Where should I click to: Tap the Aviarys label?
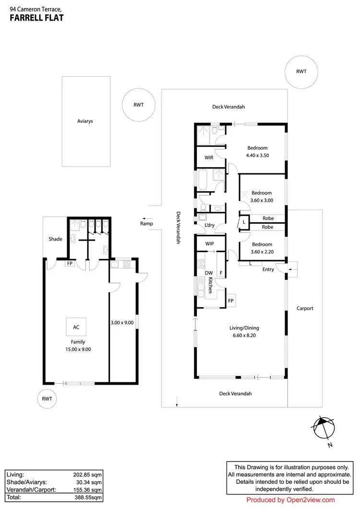pos(85,121)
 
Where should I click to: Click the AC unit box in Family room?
pos(76,327)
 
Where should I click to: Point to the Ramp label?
pos(146,224)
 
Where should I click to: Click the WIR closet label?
pos(208,157)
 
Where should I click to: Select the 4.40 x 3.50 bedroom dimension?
pos(257,156)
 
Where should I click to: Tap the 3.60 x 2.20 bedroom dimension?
pos(262,252)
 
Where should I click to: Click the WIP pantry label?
pos(210,244)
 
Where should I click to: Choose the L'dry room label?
pos(210,225)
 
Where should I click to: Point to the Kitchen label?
pos(210,284)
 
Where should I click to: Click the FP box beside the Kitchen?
pos(230,301)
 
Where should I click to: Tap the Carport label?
pos(305,308)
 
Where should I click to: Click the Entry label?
pos(268,269)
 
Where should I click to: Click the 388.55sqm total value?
pos(88,497)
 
